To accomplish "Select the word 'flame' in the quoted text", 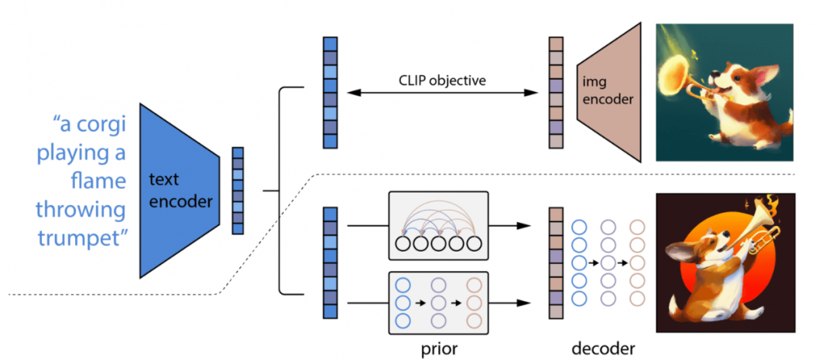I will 97,180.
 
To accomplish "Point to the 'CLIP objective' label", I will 442,79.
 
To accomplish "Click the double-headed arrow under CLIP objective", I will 442,93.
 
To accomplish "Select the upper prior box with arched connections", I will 440,226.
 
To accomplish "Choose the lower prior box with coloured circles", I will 440,300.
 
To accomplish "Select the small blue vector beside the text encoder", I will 238,190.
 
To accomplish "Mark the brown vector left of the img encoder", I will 556,92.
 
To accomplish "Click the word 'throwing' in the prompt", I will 80,208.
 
